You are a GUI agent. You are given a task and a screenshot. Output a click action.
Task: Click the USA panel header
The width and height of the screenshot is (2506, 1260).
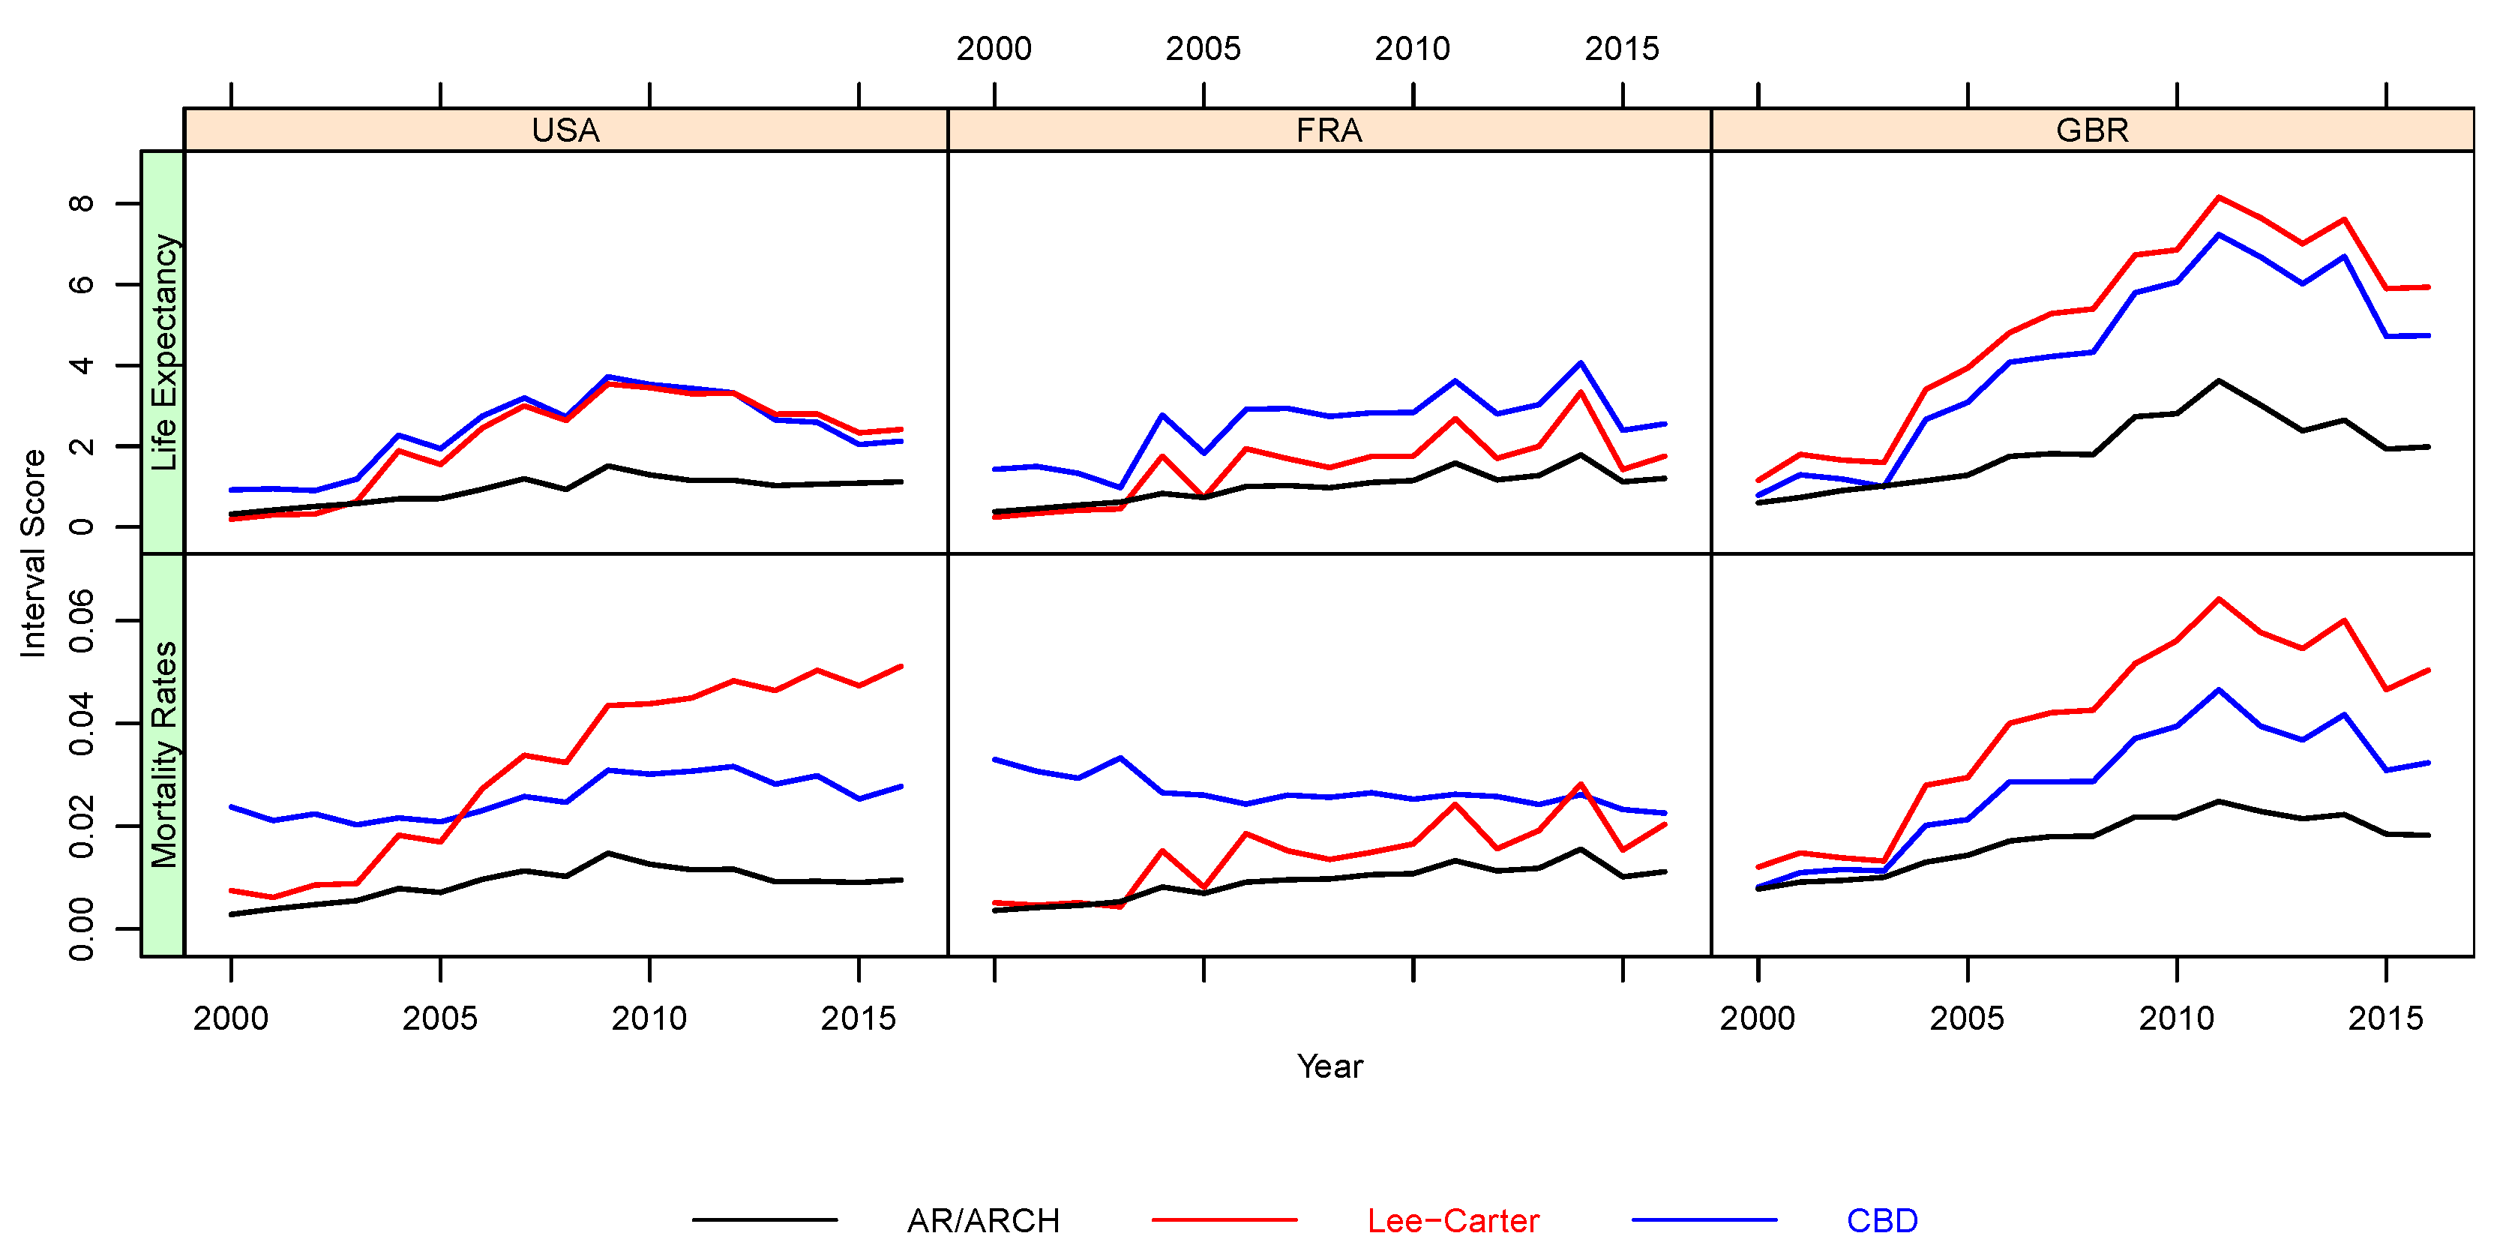pos(565,130)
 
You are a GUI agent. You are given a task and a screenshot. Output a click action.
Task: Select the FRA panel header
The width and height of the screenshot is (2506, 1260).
pos(1329,130)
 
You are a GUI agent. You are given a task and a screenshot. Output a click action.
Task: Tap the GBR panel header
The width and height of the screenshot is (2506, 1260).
pos(2091,130)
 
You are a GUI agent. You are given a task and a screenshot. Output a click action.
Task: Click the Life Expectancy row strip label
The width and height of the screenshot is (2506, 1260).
pos(163,352)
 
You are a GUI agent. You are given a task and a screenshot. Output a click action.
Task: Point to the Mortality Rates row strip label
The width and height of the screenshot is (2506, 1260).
pos(163,754)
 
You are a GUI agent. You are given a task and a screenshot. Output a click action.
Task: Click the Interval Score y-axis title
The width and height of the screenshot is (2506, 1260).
pos(33,553)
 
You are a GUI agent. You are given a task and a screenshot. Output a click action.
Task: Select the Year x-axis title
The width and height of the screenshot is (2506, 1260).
pos(1329,1066)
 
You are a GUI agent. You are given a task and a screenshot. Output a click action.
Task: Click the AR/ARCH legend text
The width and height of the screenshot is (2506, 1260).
pos(982,1220)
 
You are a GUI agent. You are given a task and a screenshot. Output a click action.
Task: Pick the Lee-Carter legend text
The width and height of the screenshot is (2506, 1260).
pos(1452,1220)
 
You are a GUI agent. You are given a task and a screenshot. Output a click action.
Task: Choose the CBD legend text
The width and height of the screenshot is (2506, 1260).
pos(1881,1220)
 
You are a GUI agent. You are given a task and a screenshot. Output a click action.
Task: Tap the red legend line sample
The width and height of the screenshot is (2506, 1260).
pos(1224,1219)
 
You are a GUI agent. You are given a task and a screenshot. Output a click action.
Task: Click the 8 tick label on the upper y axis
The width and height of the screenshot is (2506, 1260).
pos(82,203)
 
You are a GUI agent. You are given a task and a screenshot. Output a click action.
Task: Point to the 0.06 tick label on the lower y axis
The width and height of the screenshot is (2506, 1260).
pos(82,621)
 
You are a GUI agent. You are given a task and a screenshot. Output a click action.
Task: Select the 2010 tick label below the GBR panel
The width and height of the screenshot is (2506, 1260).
pos(2176,1018)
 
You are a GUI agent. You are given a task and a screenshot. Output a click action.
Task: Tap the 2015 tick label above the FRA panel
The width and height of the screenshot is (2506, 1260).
pos(1622,49)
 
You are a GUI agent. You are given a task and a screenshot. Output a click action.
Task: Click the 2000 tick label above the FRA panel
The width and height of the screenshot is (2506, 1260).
pos(994,49)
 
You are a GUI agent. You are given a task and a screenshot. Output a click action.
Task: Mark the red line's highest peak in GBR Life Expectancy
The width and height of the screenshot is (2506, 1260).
pos(2219,196)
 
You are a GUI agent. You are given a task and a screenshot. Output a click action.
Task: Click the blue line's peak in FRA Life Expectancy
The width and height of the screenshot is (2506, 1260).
pos(1581,363)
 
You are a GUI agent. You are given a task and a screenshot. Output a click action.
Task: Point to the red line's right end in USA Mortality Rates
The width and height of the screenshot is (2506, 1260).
pos(902,667)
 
